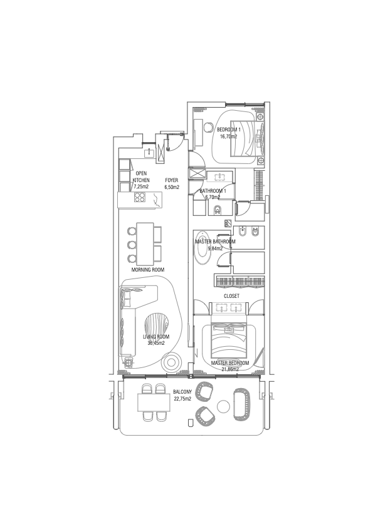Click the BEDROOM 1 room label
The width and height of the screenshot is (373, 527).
[x=229, y=130]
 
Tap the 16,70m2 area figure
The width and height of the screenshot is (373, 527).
[x=229, y=136]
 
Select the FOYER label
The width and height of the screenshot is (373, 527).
[x=172, y=180]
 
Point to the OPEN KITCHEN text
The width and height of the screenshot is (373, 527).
[x=141, y=177]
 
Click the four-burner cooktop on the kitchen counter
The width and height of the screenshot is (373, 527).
[x=140, y=197]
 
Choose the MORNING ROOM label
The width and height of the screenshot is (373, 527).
[x=148, y=270]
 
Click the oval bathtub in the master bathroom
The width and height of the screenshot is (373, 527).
[x=202, y=248]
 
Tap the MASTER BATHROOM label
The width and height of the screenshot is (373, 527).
[x=216, y=242]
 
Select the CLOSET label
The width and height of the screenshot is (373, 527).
[x=231, y=296]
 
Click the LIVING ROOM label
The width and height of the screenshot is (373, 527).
[x=156, y=337]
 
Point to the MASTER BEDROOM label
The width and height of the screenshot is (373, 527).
[x=230, y=363]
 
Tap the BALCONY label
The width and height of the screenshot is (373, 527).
[x=182, y=392]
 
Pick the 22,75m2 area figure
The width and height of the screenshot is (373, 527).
[x=182, y=399]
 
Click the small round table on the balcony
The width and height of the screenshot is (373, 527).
[x=223, y=407]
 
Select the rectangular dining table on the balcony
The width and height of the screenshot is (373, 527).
[x=154, y=402]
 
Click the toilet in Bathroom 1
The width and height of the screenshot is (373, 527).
[x=218, y=210]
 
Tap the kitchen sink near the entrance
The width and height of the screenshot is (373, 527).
[x=149, y=153]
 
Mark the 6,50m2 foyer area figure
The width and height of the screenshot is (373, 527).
[x=172, y=187]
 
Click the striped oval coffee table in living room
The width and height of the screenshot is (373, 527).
[x=157, y=325]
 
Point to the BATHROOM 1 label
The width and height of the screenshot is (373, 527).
[x=213, y=191]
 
